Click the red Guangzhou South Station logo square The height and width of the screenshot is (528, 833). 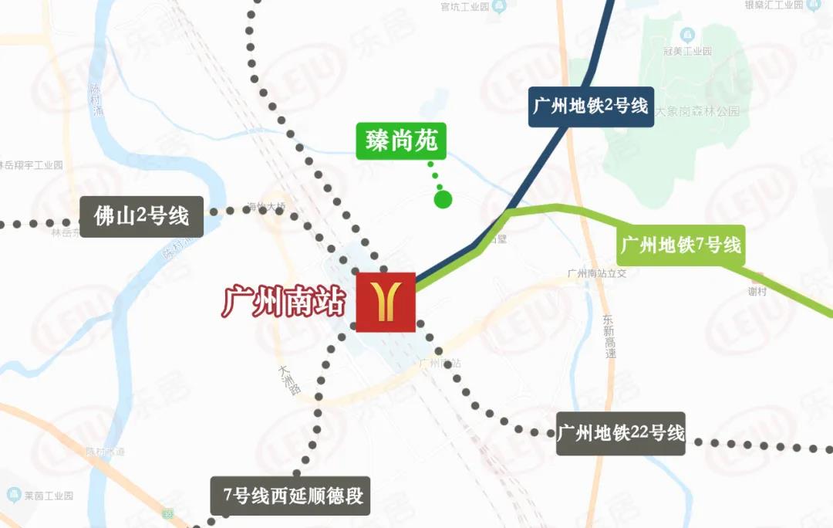coord(386,302)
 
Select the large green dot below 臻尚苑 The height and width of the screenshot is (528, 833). coord(443,200)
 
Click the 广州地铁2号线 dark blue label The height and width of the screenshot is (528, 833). coord(592,106)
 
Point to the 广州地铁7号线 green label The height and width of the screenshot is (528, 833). coord(681,246)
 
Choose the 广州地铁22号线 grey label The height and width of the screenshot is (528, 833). coord(621,433)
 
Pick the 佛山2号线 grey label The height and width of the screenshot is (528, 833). coord(142,215)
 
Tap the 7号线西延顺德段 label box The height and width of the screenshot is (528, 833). coord(290,496)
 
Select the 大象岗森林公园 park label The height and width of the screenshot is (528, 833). coord(697,111)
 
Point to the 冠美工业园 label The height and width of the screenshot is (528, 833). coord(686,51)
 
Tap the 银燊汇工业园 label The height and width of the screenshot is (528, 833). coord(771,5)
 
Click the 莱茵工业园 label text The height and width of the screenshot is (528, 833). coord(48,495)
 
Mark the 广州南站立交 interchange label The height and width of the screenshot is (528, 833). coord(598,273)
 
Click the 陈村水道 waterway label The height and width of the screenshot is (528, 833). coord(105,452)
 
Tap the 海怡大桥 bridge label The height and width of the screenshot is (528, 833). coord(266,206)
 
